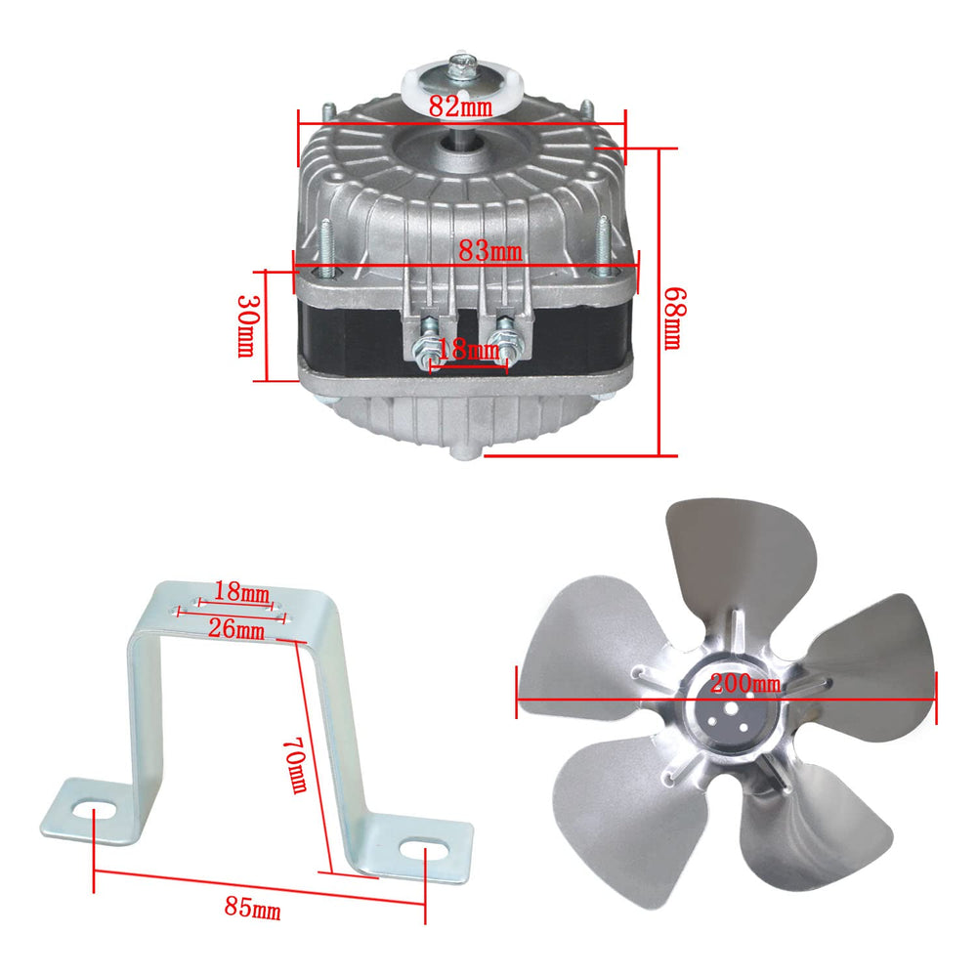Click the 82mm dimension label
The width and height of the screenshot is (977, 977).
click(460, 106)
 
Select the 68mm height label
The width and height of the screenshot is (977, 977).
click(673, 319)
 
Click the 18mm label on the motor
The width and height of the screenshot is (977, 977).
click(468, 350)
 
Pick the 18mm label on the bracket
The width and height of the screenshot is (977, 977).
click(241, 591)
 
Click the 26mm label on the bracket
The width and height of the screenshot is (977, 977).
click(236, 628)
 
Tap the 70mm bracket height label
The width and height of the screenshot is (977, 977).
click(295, 765)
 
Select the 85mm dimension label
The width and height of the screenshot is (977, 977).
click(252, 908)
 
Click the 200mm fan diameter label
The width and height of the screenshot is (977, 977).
click(745, 684)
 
